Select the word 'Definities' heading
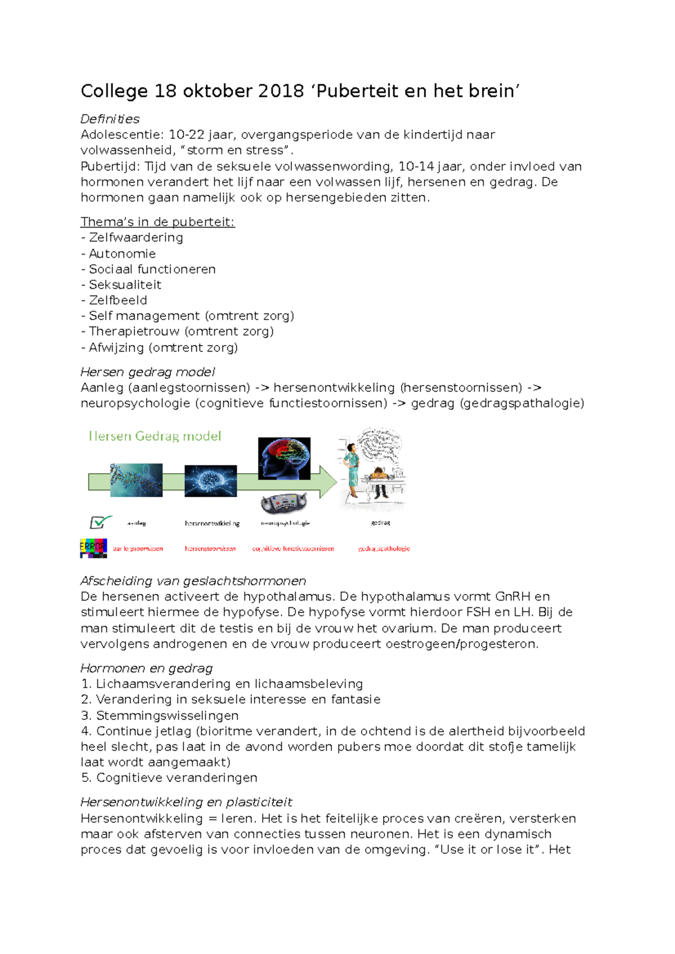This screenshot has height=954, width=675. tap(110, 119)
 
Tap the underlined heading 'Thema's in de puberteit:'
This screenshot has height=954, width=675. tap(157, 222)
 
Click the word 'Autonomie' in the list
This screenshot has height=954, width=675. tap(122, 253)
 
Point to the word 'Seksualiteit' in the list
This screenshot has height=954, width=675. tap(125, 285)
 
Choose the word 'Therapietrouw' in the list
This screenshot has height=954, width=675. tap(134, 331)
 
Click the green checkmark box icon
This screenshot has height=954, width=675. tap(100, 523)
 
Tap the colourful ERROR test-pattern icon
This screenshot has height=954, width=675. tap(93, 548)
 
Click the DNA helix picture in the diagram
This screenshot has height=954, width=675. tap(136, 480)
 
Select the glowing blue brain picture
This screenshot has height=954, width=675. tap(210, 481)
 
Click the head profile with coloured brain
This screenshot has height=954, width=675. tap(284, 458)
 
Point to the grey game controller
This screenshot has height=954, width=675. tap(284, 502)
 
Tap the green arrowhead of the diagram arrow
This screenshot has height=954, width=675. tap(328, 481)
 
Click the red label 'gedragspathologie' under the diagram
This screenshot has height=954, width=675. tap(384, 548)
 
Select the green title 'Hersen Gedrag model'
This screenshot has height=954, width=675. tap(155, 436)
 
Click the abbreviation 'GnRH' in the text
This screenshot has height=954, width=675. tap(512, 597)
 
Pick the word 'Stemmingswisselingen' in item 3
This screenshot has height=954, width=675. tap(167, 716)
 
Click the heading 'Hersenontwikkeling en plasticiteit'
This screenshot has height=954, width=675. tap(186, 802)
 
